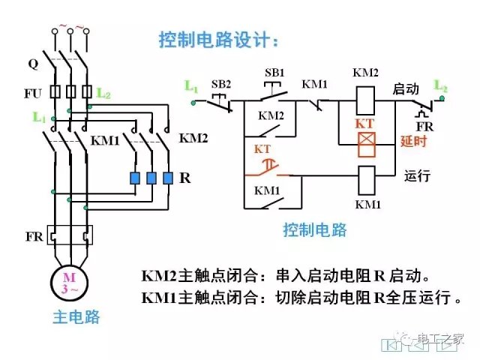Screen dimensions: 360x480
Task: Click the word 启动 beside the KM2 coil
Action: (x=406, y=88)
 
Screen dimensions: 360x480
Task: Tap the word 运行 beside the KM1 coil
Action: (x=417, y=177)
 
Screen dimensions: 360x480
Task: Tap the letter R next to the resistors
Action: (x=185, y=178)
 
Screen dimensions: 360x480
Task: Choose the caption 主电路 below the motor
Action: (x=76, y=316)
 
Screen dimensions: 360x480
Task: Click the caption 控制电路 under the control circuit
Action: (x=315, y=229)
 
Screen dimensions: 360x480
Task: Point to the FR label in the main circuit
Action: (x=31, y=235)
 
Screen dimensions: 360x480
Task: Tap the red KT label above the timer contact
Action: (x=262, y=148)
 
